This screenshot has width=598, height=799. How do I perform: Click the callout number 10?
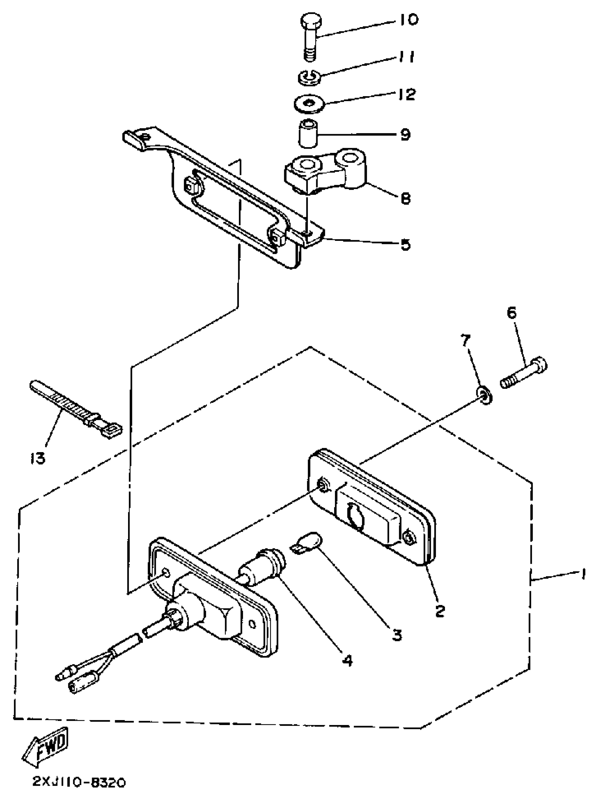click(x=408, y=20)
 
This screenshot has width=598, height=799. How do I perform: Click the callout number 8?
click(x=406, y=198)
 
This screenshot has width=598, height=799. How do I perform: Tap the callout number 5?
click(x=405, y=245)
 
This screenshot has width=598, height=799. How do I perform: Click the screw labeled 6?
click(x=524, y=372)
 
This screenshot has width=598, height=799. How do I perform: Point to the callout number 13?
click(x=38, y=459)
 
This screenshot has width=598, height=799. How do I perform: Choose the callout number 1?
click(x=582, y=574)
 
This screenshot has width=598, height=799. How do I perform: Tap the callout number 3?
click(x=397, y=635)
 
